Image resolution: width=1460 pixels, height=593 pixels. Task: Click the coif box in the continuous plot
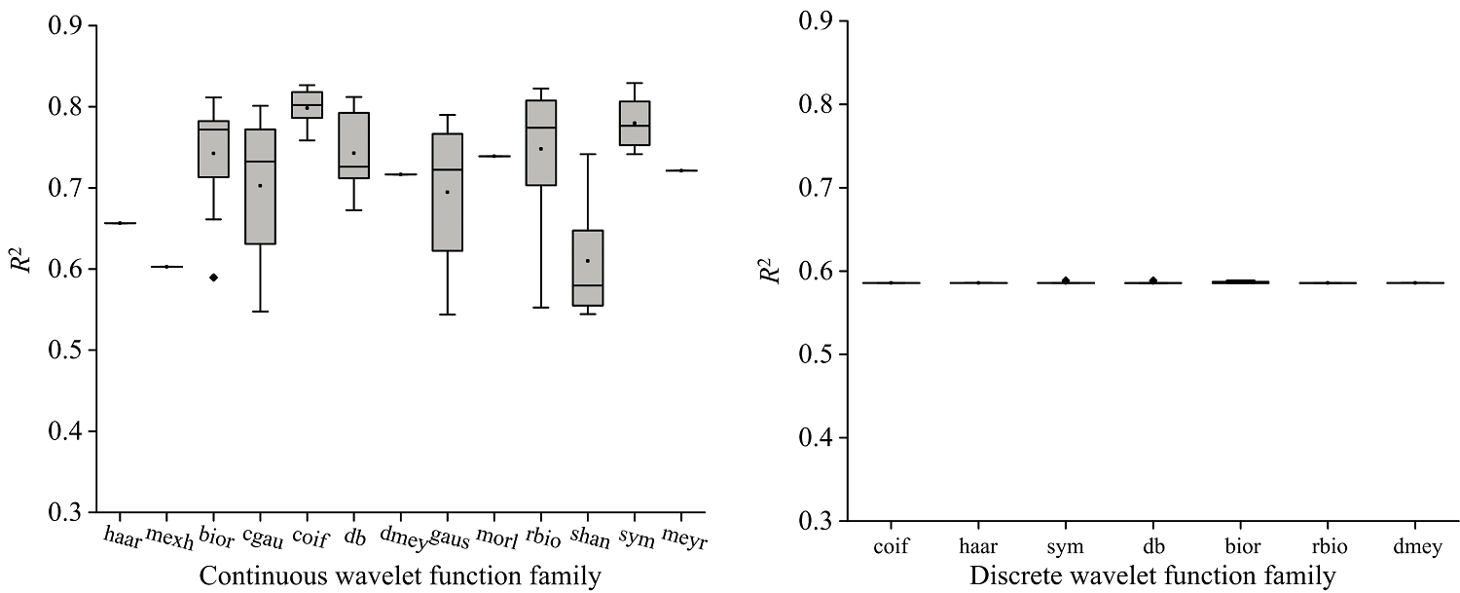pos(307,104)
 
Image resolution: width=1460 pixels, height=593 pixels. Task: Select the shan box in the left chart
pos(587,268)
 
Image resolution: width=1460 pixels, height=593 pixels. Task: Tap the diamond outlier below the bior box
pos(213,278)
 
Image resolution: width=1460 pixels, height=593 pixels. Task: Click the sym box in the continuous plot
pos(634,124)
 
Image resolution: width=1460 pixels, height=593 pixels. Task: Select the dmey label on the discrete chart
pos(1416,547)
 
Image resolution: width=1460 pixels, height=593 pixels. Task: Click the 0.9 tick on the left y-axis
pos(65,25)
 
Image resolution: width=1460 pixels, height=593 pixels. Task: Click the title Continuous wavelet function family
pos(400,576)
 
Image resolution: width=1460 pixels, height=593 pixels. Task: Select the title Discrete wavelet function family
pos(1152,576)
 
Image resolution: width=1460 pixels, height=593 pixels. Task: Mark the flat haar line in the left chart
pos(120,223)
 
